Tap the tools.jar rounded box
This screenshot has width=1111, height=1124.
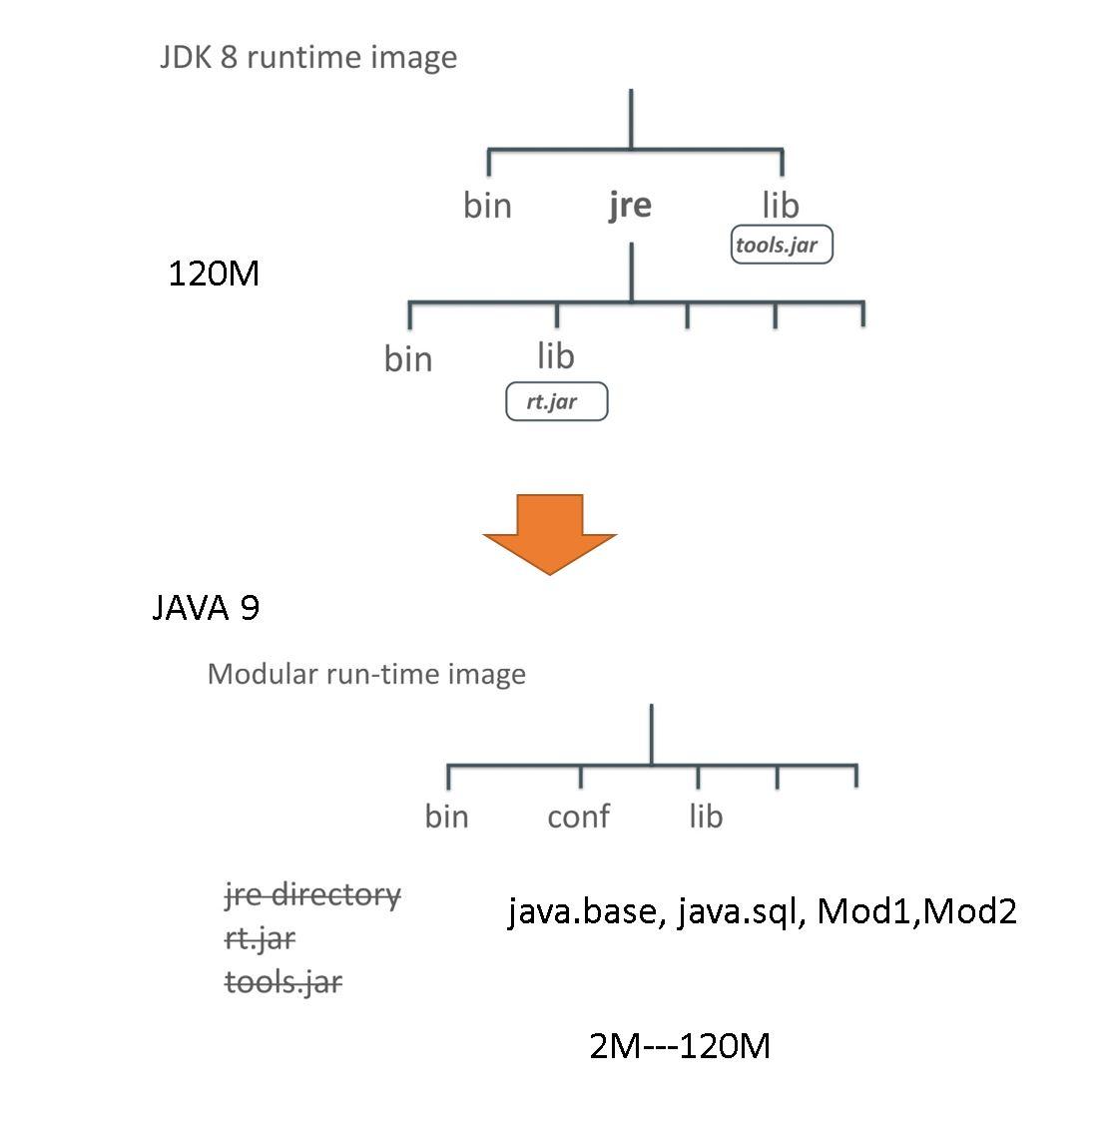[781, 245]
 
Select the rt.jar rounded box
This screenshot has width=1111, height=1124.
[556, 402]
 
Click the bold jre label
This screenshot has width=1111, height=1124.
[630, 205]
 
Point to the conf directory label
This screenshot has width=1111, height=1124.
[578, 817]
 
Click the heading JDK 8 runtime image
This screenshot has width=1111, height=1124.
[308, 57]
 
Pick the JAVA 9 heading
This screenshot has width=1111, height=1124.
[206, 607]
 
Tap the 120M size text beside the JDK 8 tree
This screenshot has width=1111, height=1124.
[214, 273]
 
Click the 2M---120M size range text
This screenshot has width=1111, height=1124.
[680, 1045]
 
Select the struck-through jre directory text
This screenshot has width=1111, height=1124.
[312, 894]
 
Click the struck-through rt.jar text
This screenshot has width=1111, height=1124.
[260, 938]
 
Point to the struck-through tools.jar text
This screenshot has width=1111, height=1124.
[283, 982]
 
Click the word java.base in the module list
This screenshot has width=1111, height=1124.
[583, 910]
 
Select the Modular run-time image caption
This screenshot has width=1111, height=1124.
[366, 674]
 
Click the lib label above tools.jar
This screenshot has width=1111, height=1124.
[781, 206]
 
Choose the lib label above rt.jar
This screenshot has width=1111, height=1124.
[556, 356]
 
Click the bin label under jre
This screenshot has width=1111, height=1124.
[408, 359]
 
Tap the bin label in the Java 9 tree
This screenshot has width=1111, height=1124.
[446, 817]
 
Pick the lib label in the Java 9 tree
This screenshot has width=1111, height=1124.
[706, 817]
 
